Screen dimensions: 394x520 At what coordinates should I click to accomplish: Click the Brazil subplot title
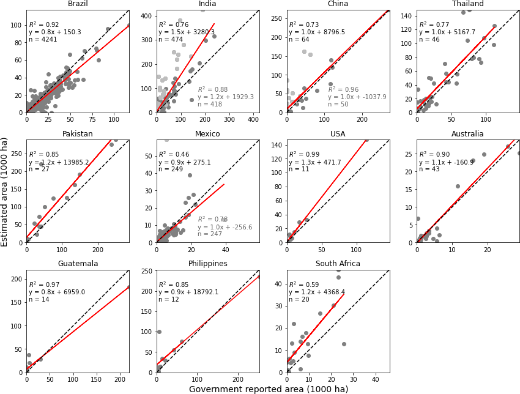click(78, 4)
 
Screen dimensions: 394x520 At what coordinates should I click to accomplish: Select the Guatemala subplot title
click(78, 264)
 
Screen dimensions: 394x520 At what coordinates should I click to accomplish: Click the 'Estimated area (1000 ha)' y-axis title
click(5, 191)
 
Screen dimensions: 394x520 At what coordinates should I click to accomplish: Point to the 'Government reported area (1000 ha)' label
click(269, 389)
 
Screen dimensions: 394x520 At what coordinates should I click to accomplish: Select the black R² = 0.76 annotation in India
click(171, 24)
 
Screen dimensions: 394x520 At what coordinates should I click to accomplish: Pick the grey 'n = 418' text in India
click(210, 105)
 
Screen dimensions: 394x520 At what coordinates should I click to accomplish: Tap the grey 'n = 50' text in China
click(338, 105)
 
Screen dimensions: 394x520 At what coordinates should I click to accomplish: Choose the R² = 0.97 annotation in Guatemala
click(42, 284)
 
